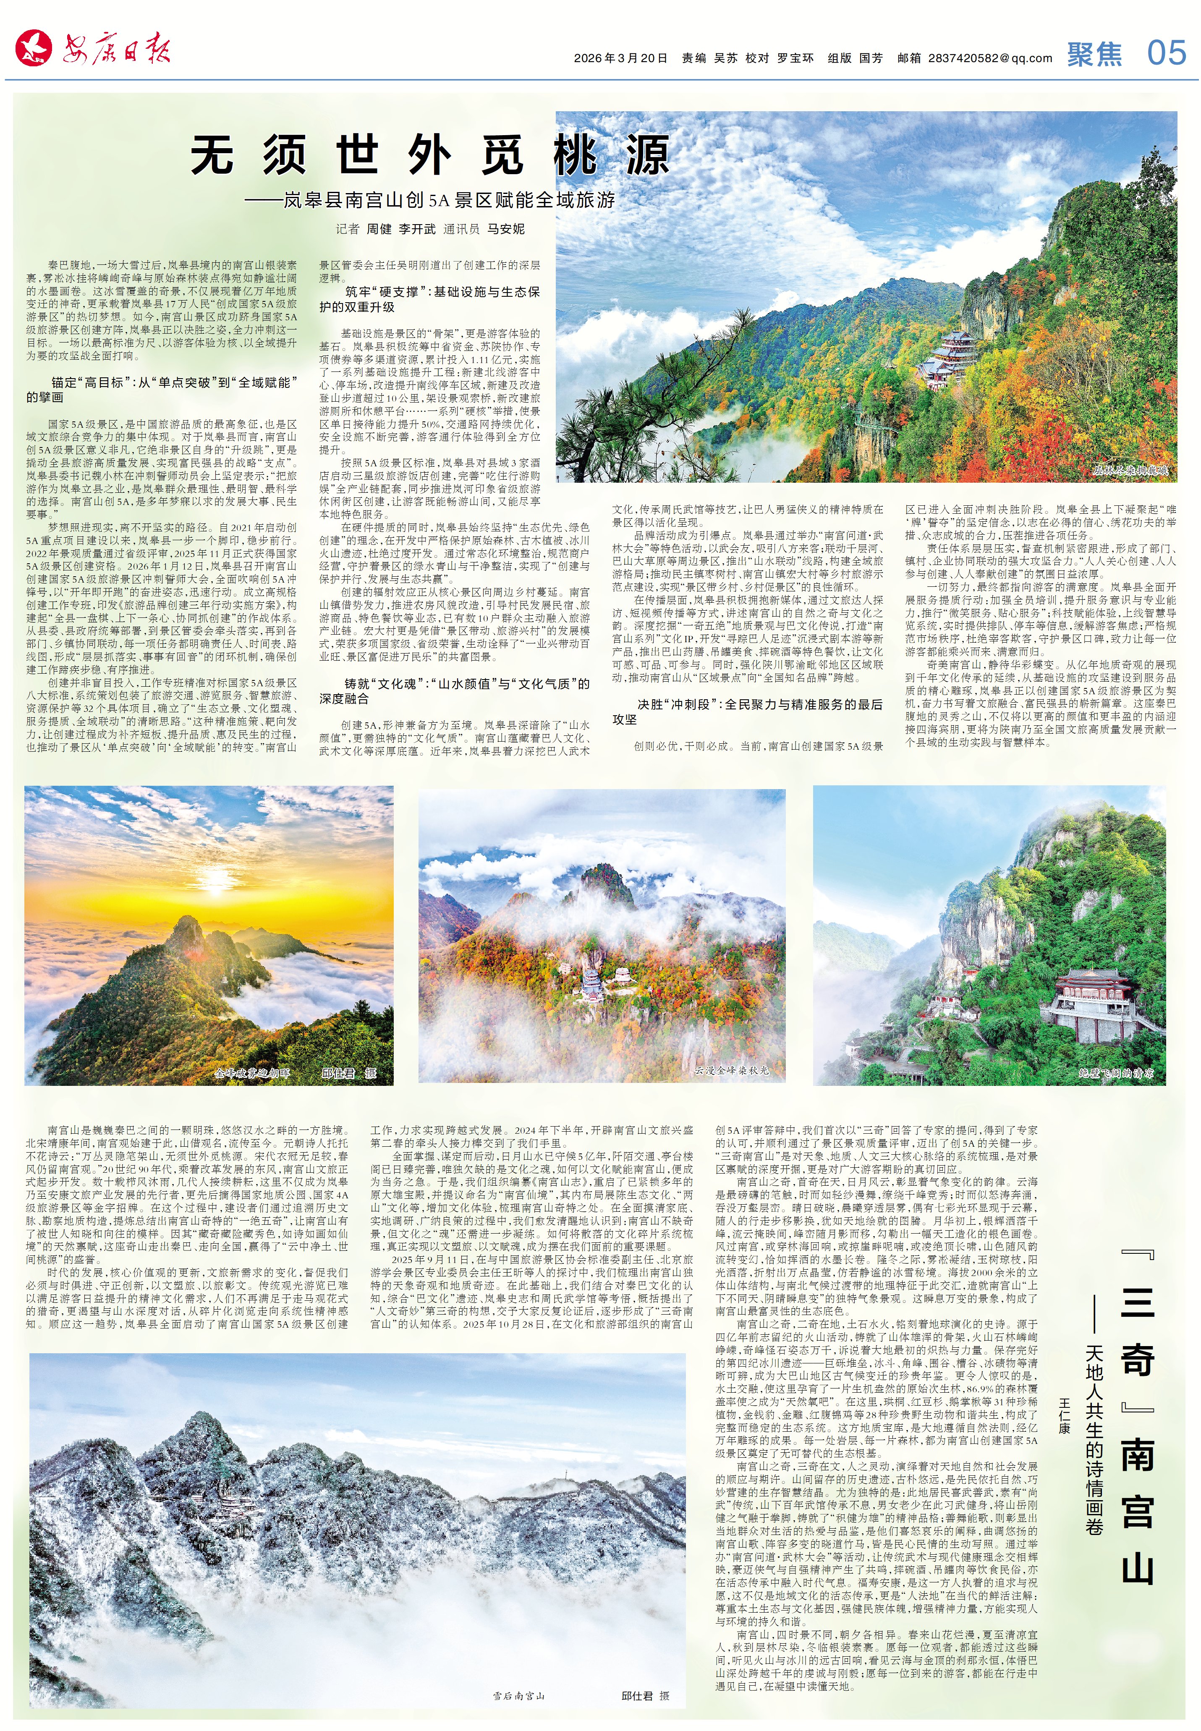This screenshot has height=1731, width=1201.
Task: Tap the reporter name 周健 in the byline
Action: click(x=379, y=229)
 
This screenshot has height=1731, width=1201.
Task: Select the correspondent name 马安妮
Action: click(x=506, y=229)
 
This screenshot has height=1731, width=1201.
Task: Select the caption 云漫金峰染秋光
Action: click(x=731, y=1070)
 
